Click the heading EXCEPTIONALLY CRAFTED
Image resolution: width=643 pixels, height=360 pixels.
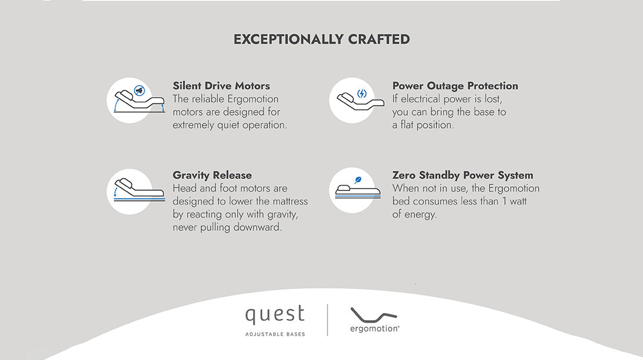tap(321, 39)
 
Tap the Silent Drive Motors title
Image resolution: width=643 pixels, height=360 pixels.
tap(221, 86)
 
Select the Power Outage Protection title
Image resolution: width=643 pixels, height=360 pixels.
tap(455, 86)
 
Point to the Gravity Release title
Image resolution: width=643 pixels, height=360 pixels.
tap(212, 175)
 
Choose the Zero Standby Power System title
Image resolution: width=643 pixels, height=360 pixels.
tap(463, 175)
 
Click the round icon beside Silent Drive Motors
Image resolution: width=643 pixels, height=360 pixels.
tap(129, 99)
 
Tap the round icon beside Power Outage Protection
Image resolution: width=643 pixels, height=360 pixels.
tap(352, 99)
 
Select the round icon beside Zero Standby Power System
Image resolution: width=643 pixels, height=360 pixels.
tap(352, 190)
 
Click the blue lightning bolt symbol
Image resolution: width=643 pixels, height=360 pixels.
tap(362, 93)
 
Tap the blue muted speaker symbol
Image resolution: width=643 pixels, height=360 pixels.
tap(139, 91)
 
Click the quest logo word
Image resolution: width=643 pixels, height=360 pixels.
tap(274, 315)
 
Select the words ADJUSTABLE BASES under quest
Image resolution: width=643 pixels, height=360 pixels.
tap(274, 334)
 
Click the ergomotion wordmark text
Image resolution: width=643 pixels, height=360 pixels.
tap(374, 328)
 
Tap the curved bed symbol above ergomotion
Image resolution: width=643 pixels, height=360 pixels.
tap(373, 314)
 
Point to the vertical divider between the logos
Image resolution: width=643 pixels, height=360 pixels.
tap(327, 320)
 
